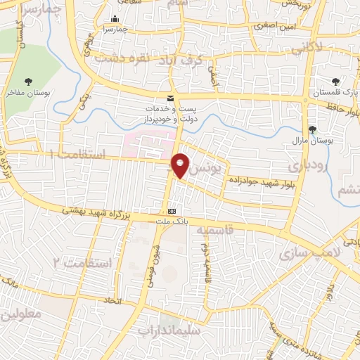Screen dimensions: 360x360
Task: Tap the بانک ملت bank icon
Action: pos(172,210)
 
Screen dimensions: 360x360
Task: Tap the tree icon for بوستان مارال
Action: pos(312,129)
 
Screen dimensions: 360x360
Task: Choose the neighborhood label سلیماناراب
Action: pos(169,329)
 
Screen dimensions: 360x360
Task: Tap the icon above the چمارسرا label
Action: pos(115,19)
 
